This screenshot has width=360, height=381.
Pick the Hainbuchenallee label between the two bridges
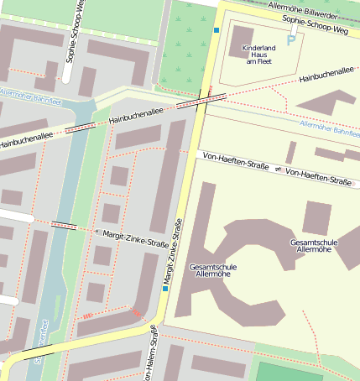point(136,117)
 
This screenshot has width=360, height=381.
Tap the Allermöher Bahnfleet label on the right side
point(330,128)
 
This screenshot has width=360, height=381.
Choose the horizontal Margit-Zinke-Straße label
point(137,237)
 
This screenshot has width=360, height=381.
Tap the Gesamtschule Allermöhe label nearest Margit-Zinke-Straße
point(213,271)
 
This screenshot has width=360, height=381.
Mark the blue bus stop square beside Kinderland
point(216,31)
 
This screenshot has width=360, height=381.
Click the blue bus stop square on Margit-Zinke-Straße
point(166,288)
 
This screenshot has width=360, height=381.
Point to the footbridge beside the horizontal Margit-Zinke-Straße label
point(65,225)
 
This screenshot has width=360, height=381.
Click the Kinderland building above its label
point(242,36)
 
